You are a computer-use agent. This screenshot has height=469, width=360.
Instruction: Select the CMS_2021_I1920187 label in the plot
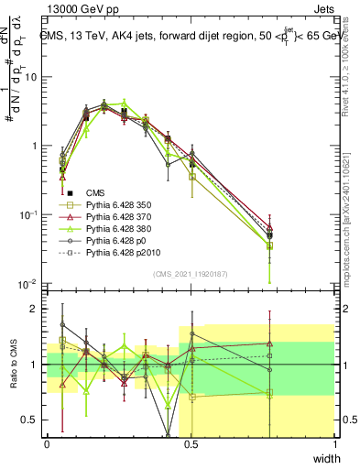click(x=191, y=274)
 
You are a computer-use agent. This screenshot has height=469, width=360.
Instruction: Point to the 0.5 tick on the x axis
click(x=191, y=443)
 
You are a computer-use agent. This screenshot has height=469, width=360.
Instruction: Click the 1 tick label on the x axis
click(x=335, y=443)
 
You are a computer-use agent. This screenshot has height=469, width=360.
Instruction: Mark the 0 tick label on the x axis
click(x=48, y=443)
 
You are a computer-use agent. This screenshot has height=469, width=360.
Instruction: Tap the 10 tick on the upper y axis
click(x=33, y=77)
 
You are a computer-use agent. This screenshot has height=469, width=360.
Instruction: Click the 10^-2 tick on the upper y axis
click(x=29, y=284)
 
